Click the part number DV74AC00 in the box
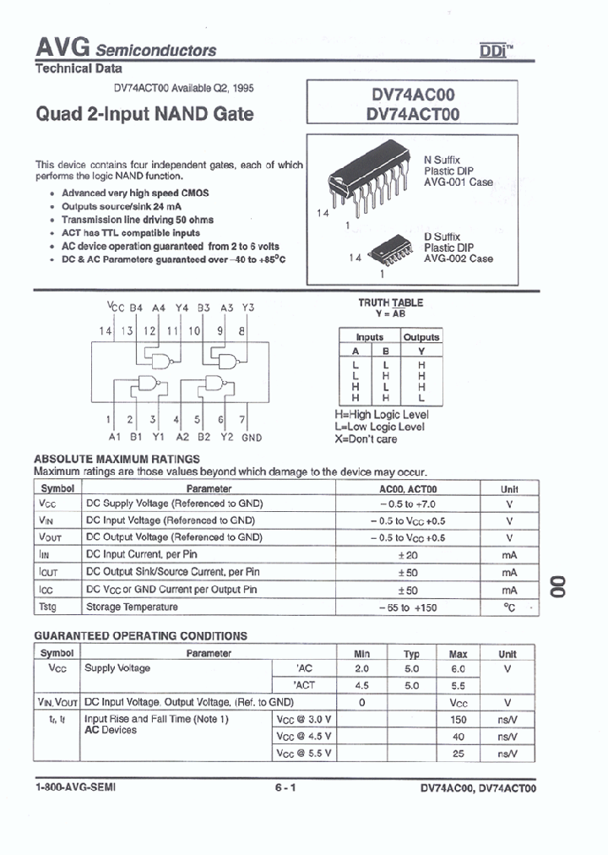[413, 98]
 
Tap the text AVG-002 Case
[458, 259]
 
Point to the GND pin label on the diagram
[252, 438]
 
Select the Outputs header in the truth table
[421, 337]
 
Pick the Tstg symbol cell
[50, 607]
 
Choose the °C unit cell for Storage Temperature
[508, 607]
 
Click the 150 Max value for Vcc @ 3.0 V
[458, 719]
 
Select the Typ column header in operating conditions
[410, 653]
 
